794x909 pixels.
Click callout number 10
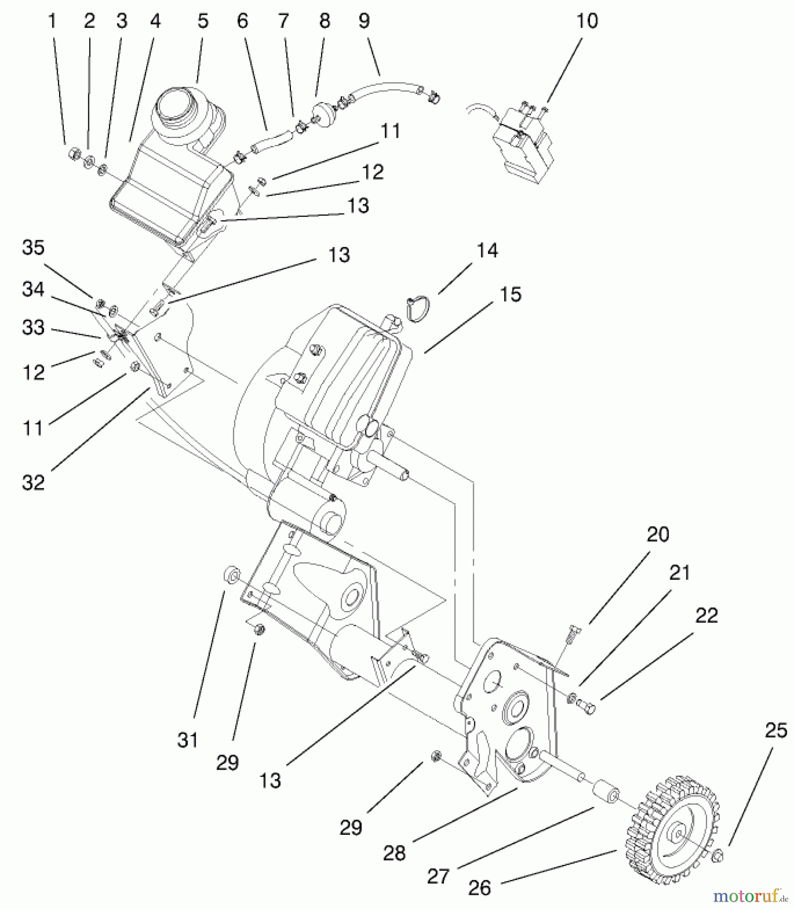[586, 21]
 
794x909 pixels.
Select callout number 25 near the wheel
[776, 731]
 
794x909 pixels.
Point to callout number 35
[33, 247]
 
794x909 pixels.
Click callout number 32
[33, 482]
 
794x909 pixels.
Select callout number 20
[658, 534]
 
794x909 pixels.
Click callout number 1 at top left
[52, 21]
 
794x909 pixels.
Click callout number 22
[706, 615]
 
